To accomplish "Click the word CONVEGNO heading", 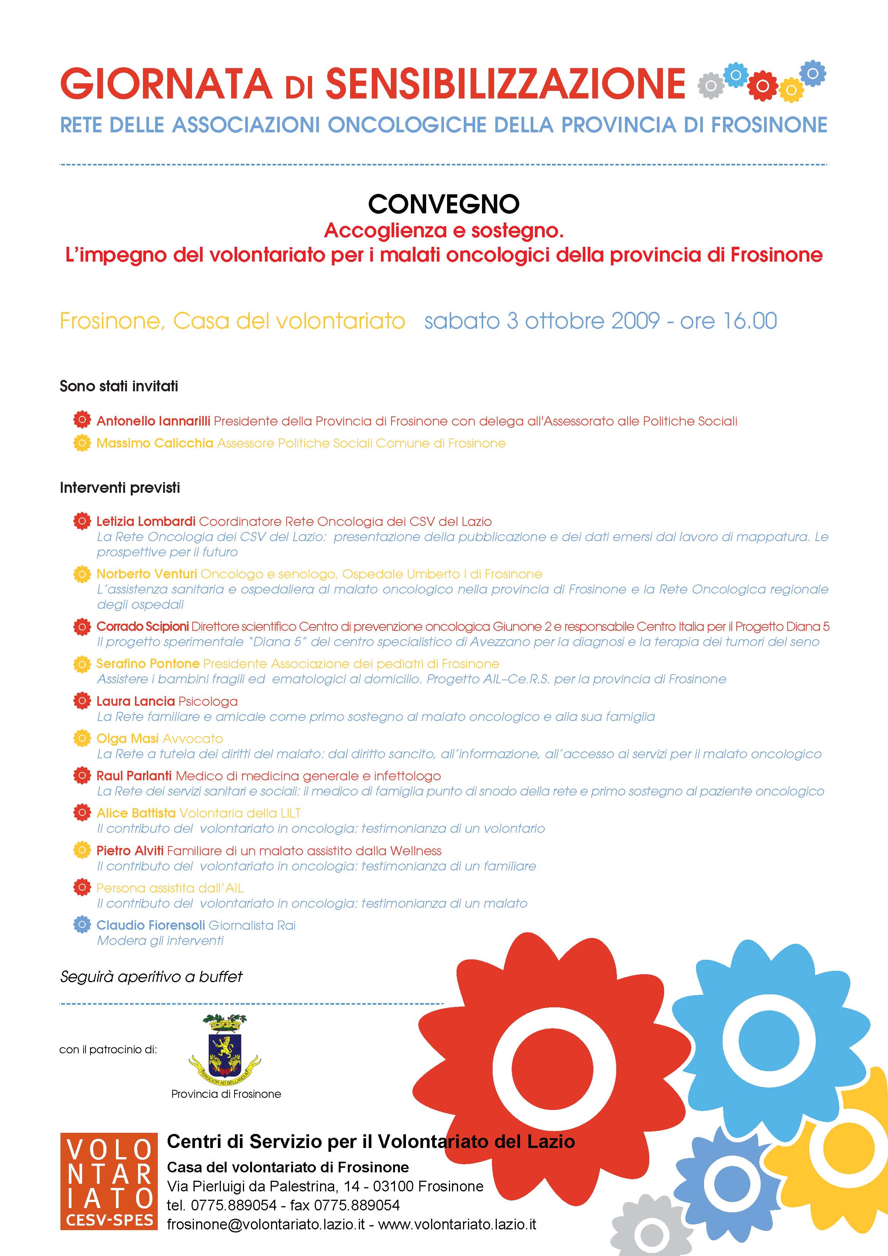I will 444,205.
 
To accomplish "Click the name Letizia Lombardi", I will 146,521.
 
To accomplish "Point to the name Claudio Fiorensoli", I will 151,925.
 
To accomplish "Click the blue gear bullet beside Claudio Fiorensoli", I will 81,925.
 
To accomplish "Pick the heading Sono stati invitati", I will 119,386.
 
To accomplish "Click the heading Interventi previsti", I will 120,487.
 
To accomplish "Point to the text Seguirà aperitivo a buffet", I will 151,977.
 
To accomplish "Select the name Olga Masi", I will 127,738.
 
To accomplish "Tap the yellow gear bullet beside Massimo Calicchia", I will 81,443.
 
